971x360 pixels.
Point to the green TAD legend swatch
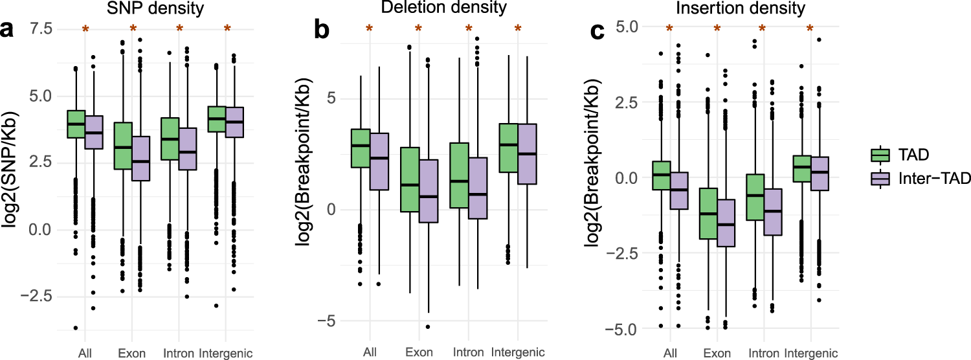pos(878,154)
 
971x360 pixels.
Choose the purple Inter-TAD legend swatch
pos(878,179)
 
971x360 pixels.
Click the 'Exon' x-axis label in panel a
pos(132,353)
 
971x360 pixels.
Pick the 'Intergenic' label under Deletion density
pos(517,353)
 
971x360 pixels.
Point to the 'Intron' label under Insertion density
pos(763,353)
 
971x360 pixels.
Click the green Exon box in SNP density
pos(123,146)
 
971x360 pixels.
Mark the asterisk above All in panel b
pos(370,28)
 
